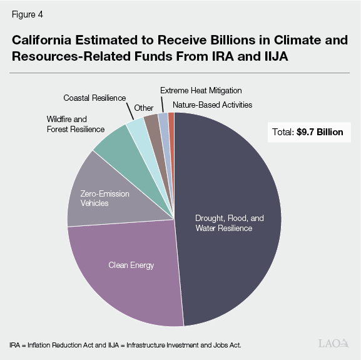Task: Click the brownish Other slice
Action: [151, 123]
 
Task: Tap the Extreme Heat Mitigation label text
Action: [200, 91]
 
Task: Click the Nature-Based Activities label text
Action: [212, 105]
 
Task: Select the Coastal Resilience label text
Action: [94, 98]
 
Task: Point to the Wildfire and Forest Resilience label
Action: [75, 124]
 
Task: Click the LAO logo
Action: [332, 343]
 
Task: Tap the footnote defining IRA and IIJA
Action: [125, 345]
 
